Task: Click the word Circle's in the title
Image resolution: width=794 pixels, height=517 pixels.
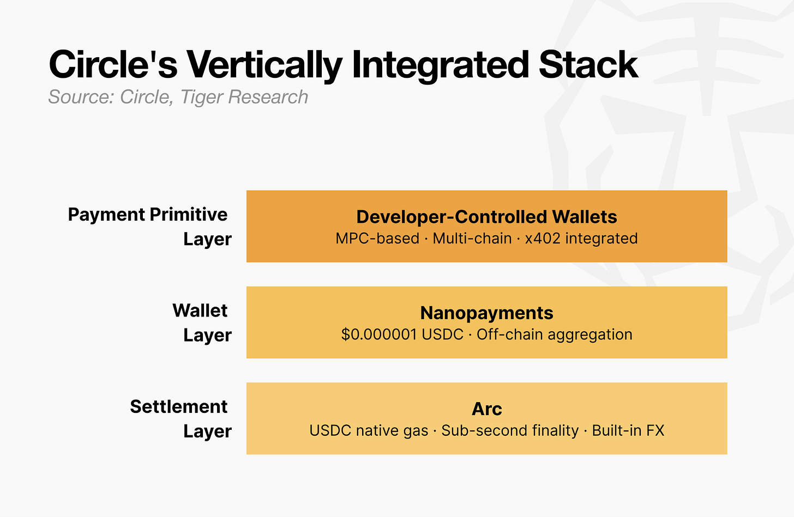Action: click(x=113, y=65)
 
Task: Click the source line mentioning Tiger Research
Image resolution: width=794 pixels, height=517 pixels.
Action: click(x=178, y=97)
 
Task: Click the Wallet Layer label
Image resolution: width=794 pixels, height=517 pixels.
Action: click(x=201, y=323)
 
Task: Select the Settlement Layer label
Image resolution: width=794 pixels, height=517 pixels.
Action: click(x=180, y=418)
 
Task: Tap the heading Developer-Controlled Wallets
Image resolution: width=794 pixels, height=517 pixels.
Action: click(x=486, y=217)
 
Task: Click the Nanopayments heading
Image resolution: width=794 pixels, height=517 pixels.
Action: click(x=486, y=313)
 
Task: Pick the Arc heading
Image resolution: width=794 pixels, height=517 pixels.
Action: click(x=486, y=409)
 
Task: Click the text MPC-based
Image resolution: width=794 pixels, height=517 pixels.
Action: click(x=377, y=239)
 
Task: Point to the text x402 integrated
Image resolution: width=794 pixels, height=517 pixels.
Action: click(x=581, y=239)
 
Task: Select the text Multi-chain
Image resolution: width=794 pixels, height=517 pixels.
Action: click(x=472, y=239)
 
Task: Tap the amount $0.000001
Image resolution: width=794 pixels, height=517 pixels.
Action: click(x=379, y=334)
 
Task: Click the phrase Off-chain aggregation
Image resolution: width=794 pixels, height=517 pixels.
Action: click(x=554, y=334)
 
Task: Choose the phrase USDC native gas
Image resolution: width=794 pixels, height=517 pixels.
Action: click(x=369, y=430)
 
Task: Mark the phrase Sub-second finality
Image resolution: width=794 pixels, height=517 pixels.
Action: click(x=510, y=430)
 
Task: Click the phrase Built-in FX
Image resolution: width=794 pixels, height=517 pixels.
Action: click(x=628, y=430)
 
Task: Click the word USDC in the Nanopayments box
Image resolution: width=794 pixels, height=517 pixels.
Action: click(x=442, y=334)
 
